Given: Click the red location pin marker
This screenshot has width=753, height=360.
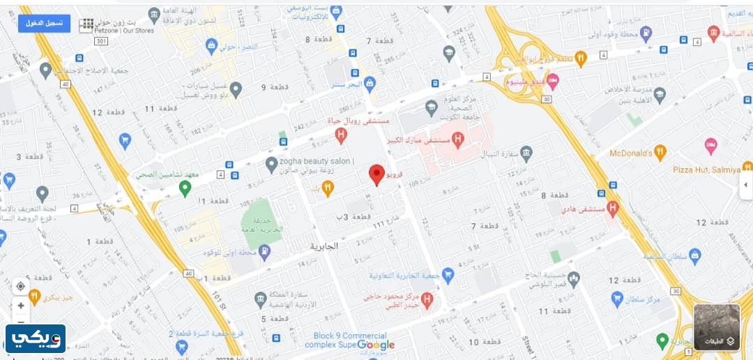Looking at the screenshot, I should click(x=376, y=174).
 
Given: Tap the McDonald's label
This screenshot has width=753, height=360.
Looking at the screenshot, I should click(x=630, y=152).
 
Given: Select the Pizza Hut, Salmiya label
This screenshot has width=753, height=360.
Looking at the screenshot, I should click(x=706, y=170).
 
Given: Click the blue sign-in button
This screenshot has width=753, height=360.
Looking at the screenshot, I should click(x=44, y=23).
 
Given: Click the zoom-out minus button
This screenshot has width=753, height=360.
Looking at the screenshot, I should click(x=21, y=322).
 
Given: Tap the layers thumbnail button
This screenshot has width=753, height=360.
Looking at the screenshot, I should click(x=717, y=327).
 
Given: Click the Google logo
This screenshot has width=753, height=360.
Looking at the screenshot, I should click(x=376, y=345).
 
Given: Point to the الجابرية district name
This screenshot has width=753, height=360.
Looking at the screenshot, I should click(x=324, y=246).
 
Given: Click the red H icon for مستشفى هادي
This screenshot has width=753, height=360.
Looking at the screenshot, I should click(x=613, y=207).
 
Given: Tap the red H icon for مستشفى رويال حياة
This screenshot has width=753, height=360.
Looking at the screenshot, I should click(x=341, y=135).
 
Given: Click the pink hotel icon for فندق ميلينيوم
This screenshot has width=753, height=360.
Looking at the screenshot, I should click(x=552, y=82).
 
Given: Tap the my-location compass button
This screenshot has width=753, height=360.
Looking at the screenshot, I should click(x=21, y=286).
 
